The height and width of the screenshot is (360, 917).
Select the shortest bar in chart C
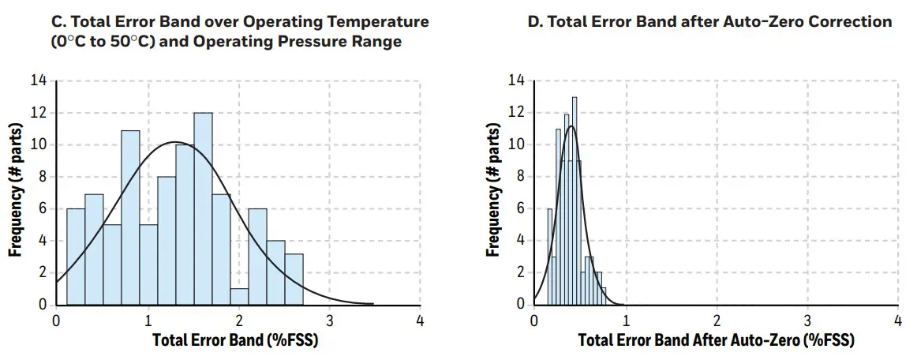(x=239, y=296)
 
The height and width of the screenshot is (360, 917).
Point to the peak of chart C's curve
(x=175, y=142)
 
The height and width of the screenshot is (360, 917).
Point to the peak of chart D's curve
(x=571, y=126)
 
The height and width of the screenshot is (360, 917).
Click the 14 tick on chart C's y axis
(x=39, y=81)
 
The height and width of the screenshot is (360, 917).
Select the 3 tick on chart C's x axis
(x=329, y=321)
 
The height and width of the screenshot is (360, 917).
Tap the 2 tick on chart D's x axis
(x=717, y=321)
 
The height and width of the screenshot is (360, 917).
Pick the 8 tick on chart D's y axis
(x=517, y=177)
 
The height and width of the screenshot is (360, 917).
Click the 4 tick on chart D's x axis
(x=898, y=321)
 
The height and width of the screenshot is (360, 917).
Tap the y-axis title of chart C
(x=15, y=193)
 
